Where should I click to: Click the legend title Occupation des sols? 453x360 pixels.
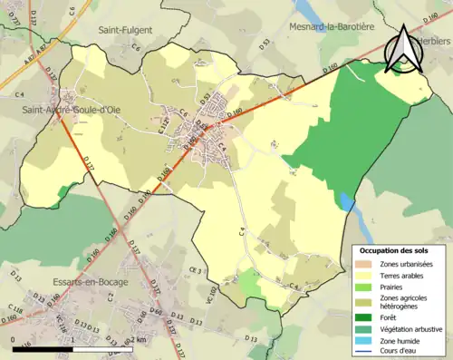pos(395,249)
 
